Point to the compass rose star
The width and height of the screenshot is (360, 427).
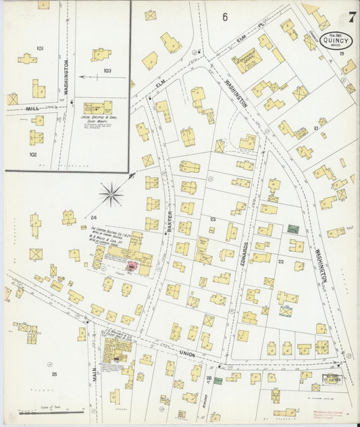click(111, 195)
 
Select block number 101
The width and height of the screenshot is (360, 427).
click(40, 49)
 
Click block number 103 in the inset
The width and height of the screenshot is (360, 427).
click(107, 70)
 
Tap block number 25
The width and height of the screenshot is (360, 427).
click(53, 374)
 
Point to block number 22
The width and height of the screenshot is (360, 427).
click(280, 261)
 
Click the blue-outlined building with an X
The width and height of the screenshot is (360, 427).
click(286, 311)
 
